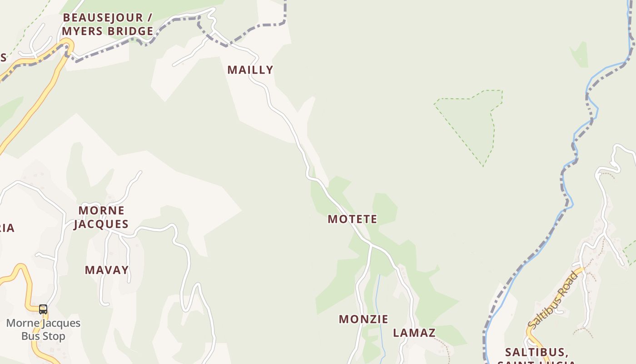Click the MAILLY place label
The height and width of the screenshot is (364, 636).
(x=250, y=70)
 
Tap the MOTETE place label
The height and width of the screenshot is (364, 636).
(x=353, y=219)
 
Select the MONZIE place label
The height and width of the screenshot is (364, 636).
(x=363, y=319)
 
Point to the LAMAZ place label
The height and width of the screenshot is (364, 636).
(x=414, y=333)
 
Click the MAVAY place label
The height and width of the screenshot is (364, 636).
(x=107, y=270)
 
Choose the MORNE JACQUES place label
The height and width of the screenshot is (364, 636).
(x=101, y=217)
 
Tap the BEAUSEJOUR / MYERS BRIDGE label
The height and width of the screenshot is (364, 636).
(x=108, y=25)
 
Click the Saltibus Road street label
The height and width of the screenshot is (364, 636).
(x=553, y=300)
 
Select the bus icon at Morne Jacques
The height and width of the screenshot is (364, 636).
(x=43, y=309)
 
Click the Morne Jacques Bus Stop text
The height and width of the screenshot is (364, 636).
(x=43, y=329)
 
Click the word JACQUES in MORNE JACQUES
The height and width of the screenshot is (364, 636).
(x=101, y=224)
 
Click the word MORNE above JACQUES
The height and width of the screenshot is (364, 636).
(x=101, y=210)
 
